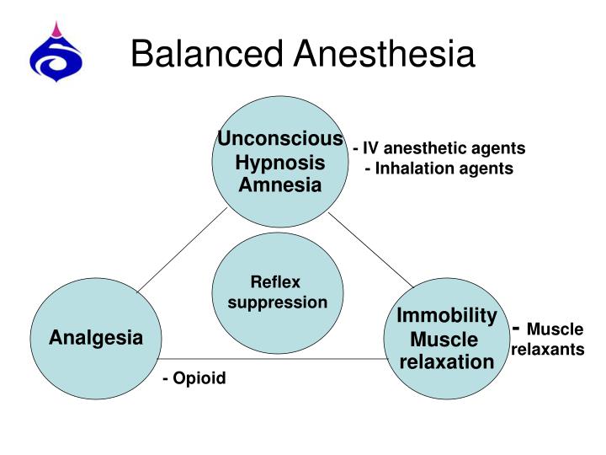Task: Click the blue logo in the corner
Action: [x=56, y=52]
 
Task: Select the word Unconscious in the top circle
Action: [x=280, y=139]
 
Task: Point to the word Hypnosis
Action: [x=280, y=162]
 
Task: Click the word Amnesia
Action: [x=280, y=185]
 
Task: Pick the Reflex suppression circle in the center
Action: [x=278, y=292]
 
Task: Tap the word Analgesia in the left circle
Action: [x=96, y=339]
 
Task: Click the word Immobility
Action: [x=447, y=316]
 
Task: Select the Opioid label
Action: [x=194, y=378]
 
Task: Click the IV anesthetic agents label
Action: [x=439, y=148]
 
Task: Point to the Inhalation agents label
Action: [x=439, y=169]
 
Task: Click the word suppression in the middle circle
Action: [x=278, y=302]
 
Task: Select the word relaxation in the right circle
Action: [x=447, y=362]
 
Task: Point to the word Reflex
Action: [x=275, y=282]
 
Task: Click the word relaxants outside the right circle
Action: [x=548, y=349]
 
